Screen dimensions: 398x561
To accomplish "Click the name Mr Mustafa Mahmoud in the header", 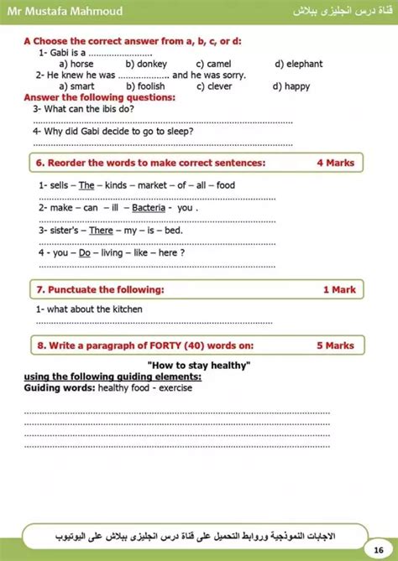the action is [x=53, y=9].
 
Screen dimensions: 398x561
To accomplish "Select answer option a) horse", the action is [x=76, y=64].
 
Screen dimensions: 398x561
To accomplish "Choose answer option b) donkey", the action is [x=146, y=64].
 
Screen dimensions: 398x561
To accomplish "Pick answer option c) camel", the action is [x=213, y=64].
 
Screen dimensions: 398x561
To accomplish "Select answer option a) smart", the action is [x=76, y=86].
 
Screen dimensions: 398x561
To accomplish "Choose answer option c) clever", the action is [x=213, y=86].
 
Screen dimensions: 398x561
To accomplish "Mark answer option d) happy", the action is [x=291, y=86].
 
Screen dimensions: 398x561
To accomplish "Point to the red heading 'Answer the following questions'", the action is [x=99, y=97].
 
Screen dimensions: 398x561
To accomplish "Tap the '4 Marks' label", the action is [x=335, y=163].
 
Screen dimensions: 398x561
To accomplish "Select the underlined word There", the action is [x=101, y=230].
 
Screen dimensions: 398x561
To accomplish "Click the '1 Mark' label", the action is [x=339, y=289].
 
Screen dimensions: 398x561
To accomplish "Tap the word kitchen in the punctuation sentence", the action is [x=126, y=309].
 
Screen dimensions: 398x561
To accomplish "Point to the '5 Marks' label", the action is [x=335, y=345].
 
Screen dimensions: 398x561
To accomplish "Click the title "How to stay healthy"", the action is [x=199, y=366].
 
